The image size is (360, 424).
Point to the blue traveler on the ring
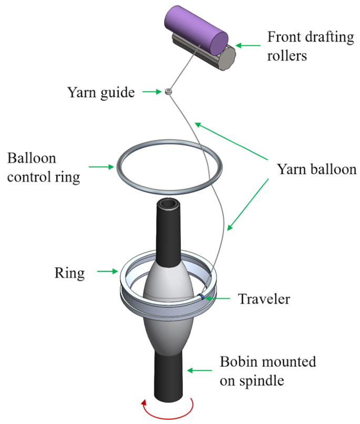pyautogui.click(x=202, y=298)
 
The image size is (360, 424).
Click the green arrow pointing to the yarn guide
pyautogui.click(x=151, y=92)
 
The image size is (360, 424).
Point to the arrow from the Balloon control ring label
pyautogui.click(x=102, y=167)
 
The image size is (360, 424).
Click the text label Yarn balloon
pyautogui.click(x=316, y=169)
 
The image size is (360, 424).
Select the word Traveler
pyautogui.click(x=264, y=299)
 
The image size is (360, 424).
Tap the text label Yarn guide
pyautogui.click(x=100, y=93)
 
